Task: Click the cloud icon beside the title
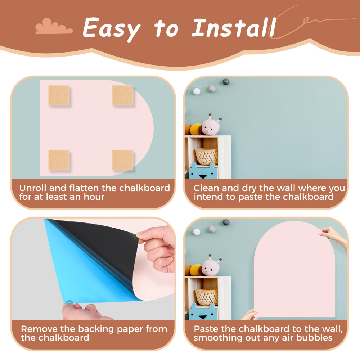54,27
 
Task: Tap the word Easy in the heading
111,29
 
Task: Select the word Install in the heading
234,28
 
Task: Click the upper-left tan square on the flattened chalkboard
59,95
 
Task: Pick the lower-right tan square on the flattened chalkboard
122,160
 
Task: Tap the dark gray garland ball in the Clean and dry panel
226,81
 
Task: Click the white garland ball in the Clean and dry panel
197,91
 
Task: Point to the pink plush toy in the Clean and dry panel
211,125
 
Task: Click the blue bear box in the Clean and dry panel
203,171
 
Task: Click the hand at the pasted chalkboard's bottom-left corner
250,315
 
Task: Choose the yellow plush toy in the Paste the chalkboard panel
196,270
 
